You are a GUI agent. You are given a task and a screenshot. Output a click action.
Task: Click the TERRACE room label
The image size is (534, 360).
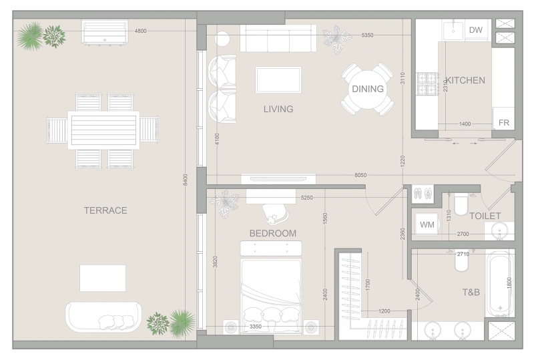pyautogui.click(x=105, y=210)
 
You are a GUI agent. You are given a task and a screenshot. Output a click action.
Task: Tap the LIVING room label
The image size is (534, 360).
pyautogui.click(x=278, y=109)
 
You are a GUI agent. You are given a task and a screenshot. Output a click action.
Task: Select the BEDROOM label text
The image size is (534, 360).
pyautogui.click(x=273, y=233)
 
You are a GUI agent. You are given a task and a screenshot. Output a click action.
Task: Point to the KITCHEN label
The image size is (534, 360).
pyautogui.click(x=465, y=80)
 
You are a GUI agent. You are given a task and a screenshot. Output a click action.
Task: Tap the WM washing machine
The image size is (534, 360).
pyautogui.click(x=427, y=224)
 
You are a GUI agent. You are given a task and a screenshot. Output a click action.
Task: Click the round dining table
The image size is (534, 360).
pyautogui.click(x=368, y=89)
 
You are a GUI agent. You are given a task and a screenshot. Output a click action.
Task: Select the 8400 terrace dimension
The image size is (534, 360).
pyautogui.click(x=186, y=180)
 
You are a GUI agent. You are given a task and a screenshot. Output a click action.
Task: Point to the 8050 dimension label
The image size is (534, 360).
pyautogui.click(x=360, y=175)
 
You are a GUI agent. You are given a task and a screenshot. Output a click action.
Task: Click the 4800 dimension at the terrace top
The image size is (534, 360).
pyautogui.click(x=140, y=31)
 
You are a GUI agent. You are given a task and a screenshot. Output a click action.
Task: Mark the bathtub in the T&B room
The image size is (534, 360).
pyautogui.click(x=500, y=284)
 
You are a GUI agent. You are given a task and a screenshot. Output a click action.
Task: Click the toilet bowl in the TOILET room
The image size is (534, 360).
pyautogui.click(x=461, y=204)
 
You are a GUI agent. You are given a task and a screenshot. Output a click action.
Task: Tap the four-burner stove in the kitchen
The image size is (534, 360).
pyautogui.click(x=427, y=84)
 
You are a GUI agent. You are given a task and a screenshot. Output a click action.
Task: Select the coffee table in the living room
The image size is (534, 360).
pyautogui.click(x=278, y=79)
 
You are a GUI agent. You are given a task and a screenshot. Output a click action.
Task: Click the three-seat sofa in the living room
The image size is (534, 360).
pyautogui.click(x=278, y=38)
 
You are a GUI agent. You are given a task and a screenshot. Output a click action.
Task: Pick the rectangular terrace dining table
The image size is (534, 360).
pyautogui.click(x=103, y=130)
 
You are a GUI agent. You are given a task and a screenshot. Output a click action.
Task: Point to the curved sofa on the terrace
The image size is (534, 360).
pyautogui.click(x=103, y=317)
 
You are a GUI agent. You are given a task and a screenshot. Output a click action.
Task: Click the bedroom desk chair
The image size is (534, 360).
pyautogui.click(x=275, y=214)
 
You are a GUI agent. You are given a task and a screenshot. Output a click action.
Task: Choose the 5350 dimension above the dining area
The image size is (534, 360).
pyautogui.click(x=367, y=35)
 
